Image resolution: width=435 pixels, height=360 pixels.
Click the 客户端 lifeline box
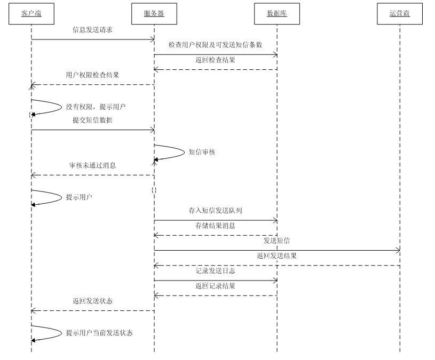pyautogui.click(x=31, y=14)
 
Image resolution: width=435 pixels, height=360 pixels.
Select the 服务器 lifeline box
pyautogui.click(x=154, y=14)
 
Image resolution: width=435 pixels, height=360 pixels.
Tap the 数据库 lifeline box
pyautogui.click(x=277, y=14)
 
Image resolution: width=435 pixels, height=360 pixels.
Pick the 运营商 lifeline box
pyautogui.click(x=400, y=14)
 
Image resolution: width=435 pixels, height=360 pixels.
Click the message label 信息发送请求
pyautogui.click(x=92, y=30)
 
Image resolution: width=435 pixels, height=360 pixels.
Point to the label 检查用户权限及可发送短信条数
pyautogui.click(x=215, y=45)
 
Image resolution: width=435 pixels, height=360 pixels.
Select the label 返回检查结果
pyautogui.click(x=215, y=60)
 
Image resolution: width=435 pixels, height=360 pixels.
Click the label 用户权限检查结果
pyautogui.click(x=92, y=75)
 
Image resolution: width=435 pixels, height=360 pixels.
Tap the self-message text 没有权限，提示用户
pyautogui.click(x=96, y=107)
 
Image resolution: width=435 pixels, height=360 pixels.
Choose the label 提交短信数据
pyautogui.click(x=92, y=121)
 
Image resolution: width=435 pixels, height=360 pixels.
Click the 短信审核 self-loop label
pyautogui.click(x=202, y=152)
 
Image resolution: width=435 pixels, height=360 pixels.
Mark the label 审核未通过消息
pyautogui.click(x=92, y=166)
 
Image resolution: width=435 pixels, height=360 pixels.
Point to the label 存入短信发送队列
pyautogui.click(x=215, y=211)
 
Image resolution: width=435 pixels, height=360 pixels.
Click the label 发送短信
pyautogui.click(x=277, y=241)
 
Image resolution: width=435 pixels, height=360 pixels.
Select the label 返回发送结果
pyautogui.click(x=276, y=256)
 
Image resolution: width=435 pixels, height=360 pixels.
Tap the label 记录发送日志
pyautogui.click(x=215, y=271)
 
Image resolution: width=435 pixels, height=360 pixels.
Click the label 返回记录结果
pyautogui.click(x=215, y=286)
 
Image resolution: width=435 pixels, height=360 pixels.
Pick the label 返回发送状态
pyautogui.click(x=92, y=301)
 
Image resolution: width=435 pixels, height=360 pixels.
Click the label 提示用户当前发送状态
pyautogui.click(x=99, y=333)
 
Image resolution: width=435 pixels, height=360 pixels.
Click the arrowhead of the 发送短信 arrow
pyautogui.click(x=398, y=250)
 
